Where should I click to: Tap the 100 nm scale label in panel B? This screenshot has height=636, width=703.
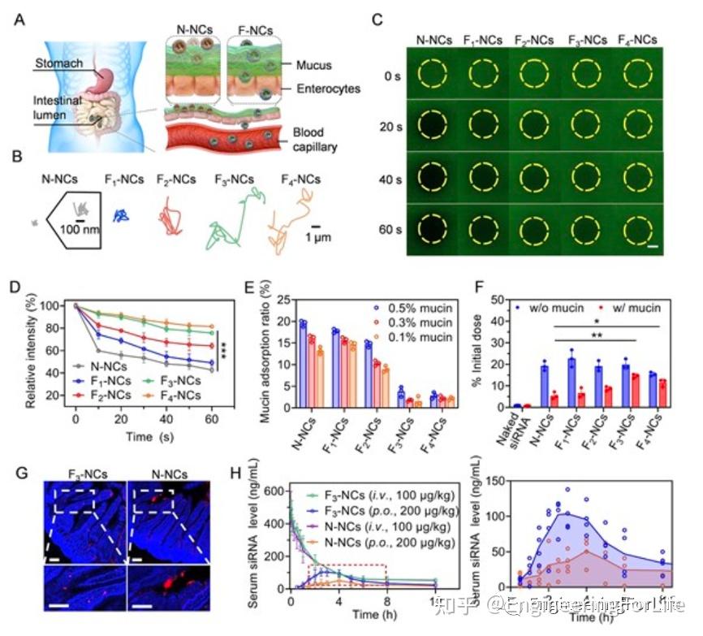tap(80, 231)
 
